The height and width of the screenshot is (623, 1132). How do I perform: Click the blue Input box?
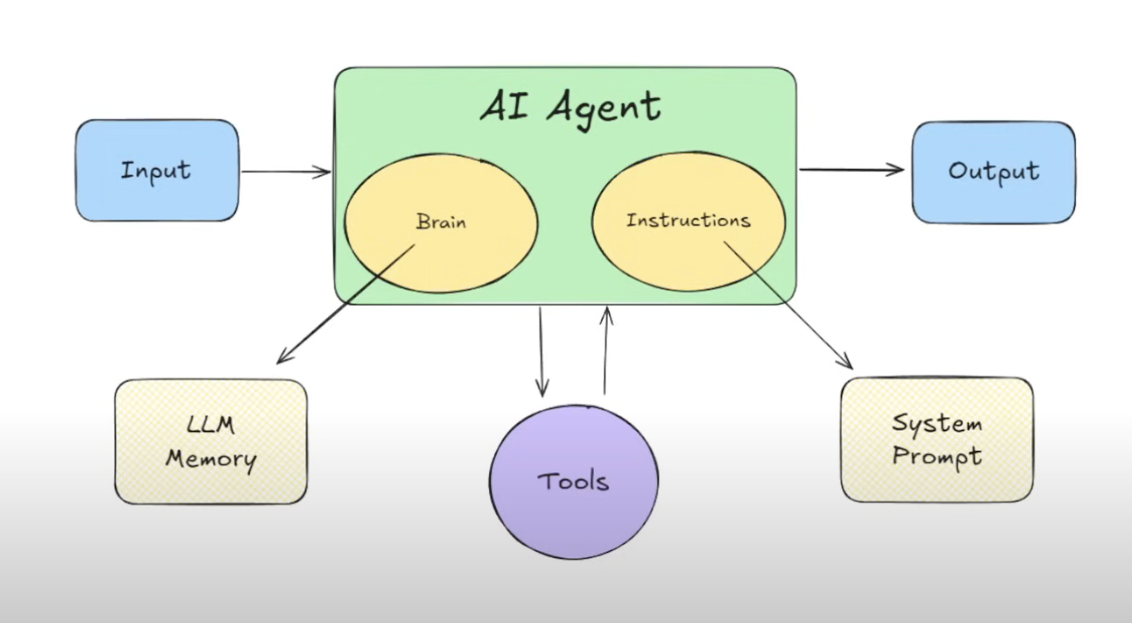pyautogui.click(x=157, y=170)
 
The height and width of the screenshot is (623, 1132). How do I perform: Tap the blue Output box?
pyautogui.click(x=993, y=171)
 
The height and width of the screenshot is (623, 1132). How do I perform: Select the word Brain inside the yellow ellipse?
pyautogui.click(x=441, y=221)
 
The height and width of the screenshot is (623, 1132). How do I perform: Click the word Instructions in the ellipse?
pyautogui.click(x=688, y=220)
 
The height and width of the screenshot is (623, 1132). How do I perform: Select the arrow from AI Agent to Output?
pyautogui.click(x=850, y=170)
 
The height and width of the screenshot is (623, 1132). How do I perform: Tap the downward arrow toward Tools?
pyautogui.click(x=542, y=350)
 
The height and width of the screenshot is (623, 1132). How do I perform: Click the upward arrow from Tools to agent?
pyautogui.click(x=606, y=350)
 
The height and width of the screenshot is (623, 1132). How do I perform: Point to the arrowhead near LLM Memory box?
pyautogui.click(x=282, y=359)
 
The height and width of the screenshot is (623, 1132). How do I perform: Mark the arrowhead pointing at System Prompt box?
pyautogui.click(x=846, y=363)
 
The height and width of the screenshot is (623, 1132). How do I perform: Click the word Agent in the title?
pyautogui.click(x=604, y=108)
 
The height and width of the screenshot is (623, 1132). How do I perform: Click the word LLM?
pyautogui.click(x=210, y=426)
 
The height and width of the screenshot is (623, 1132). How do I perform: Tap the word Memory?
pyautogui.click(x=211, y=458)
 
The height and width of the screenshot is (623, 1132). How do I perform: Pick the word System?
pyautogui.click(x=936, y=424)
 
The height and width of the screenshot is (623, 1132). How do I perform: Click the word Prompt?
pyautogui.click(x=936, y=457)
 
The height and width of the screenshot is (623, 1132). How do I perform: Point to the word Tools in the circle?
pyautogui.click(x=573, y=480)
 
